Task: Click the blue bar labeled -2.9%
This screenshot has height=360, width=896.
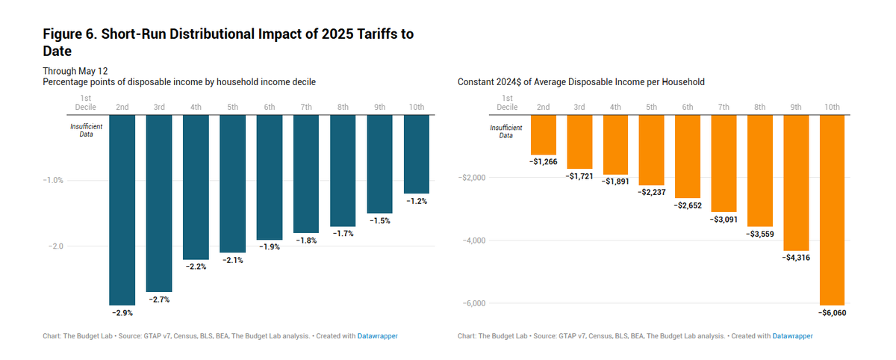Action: [x=122, y=209]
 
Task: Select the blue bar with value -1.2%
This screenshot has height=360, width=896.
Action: [x=417, y=154]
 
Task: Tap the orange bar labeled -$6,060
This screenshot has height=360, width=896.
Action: [x=832, y=209]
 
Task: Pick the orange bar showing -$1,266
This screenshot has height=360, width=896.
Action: [x=544, y=134]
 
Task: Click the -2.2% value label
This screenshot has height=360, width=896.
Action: [x=196, y=266]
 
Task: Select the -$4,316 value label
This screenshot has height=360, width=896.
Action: [x=795, y=257]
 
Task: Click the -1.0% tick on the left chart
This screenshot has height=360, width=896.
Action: [x=55, y=181]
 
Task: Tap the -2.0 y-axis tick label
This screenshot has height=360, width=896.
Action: [x=55, y=246]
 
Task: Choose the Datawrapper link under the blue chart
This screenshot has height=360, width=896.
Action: [x=377, y=336]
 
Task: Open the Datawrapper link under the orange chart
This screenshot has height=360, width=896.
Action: [x=792, y=336]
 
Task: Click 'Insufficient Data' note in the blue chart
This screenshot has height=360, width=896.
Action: [x=86, y=131]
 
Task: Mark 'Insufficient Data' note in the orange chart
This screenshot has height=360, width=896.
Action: [x=507, y=131]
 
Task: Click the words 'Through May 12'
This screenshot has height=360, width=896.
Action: [x=75, y=70]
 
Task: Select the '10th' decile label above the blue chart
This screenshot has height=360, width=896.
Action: [x=417, y=108]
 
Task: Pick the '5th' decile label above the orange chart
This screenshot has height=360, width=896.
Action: [x=652, y=108]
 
